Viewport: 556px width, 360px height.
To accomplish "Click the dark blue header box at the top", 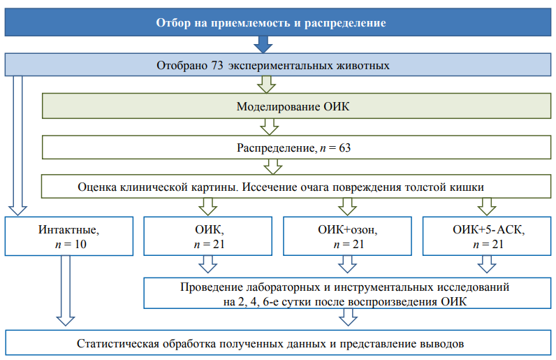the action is (x=278, y=22).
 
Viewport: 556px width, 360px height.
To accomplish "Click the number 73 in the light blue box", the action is (x=217, y=65).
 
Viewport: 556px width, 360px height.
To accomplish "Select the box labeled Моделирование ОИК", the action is (x=296, y=106).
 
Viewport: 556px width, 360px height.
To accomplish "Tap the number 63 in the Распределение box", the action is (x=344, y=147).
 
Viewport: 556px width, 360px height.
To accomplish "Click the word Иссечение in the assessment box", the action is (x=270, y=187).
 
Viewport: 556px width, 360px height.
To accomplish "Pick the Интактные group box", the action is (x=69, y=236).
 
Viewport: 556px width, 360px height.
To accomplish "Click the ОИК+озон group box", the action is (x=348, y=236).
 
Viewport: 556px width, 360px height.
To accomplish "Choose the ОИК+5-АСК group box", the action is (x=487, y=236).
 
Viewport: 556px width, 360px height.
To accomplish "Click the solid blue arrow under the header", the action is (x=263, y=44).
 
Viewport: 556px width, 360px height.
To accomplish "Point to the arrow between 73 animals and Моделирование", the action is (x=267, y=85).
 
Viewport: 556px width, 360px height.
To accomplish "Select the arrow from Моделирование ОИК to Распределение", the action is (x=270, y=127).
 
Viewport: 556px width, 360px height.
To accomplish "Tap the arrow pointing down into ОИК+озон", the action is (x=348, y=207).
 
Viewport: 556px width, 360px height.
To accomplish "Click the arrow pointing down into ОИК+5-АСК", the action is (x=487, y=207).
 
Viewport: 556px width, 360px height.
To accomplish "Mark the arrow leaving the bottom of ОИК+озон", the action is (x=348, y=264).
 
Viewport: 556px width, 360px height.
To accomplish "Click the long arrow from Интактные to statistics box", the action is (x=66, y=290).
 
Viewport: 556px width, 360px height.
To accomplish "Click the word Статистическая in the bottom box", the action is (x=118, y=344).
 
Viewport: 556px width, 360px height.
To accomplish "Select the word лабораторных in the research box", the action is (x=283, y=287).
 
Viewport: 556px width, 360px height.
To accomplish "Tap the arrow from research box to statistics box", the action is (x=349, y=317).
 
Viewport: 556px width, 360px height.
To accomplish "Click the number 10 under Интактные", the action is (x=80, y=244).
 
